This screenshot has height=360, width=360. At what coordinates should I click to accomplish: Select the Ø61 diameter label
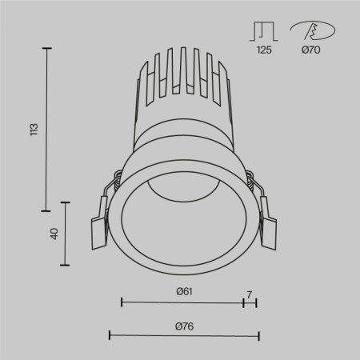(x=185, y=292)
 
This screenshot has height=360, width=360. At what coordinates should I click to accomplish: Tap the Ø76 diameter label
(x=184, y=326)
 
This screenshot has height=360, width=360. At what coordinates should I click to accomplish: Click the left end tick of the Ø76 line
(x=109, y=335)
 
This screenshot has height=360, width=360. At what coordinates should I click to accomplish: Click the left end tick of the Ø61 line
(x=121, y=302)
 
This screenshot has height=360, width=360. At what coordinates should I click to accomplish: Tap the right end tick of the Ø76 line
(x=258, y=335)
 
